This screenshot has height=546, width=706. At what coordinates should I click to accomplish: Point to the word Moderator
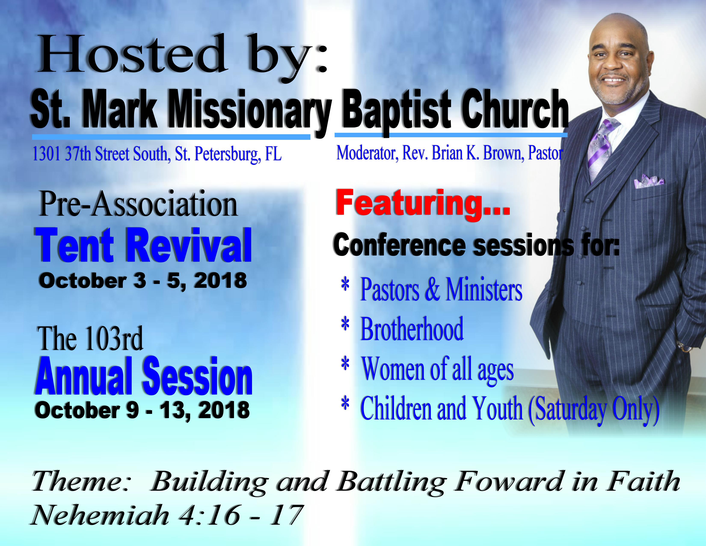367,153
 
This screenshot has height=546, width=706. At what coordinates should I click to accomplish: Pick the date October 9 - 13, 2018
142,410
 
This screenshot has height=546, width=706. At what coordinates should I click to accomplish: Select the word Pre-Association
138,204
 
